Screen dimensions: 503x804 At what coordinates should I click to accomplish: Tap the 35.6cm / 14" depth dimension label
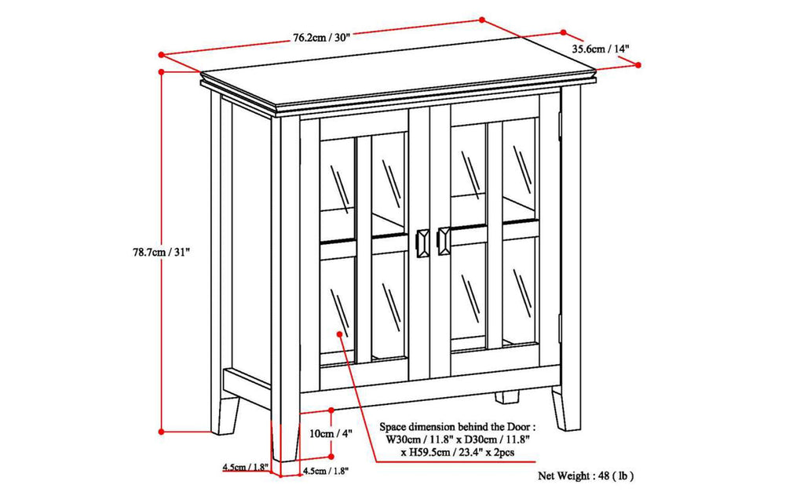[601, 49]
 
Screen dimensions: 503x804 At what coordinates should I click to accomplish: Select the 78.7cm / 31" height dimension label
[162, 253]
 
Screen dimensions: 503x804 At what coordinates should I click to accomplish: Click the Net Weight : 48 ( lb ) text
[586, 476]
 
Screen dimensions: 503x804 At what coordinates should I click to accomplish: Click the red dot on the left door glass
[340, 334]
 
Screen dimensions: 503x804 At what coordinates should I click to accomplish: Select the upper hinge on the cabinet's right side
[560, 122]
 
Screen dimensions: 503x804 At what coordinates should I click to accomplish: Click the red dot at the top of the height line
[162, 71]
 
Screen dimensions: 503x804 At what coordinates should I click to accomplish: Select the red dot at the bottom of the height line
[162, 431]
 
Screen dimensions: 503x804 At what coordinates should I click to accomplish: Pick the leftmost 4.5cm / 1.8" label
[245, 468]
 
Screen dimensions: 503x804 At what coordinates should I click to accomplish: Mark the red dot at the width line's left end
[161, 55]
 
